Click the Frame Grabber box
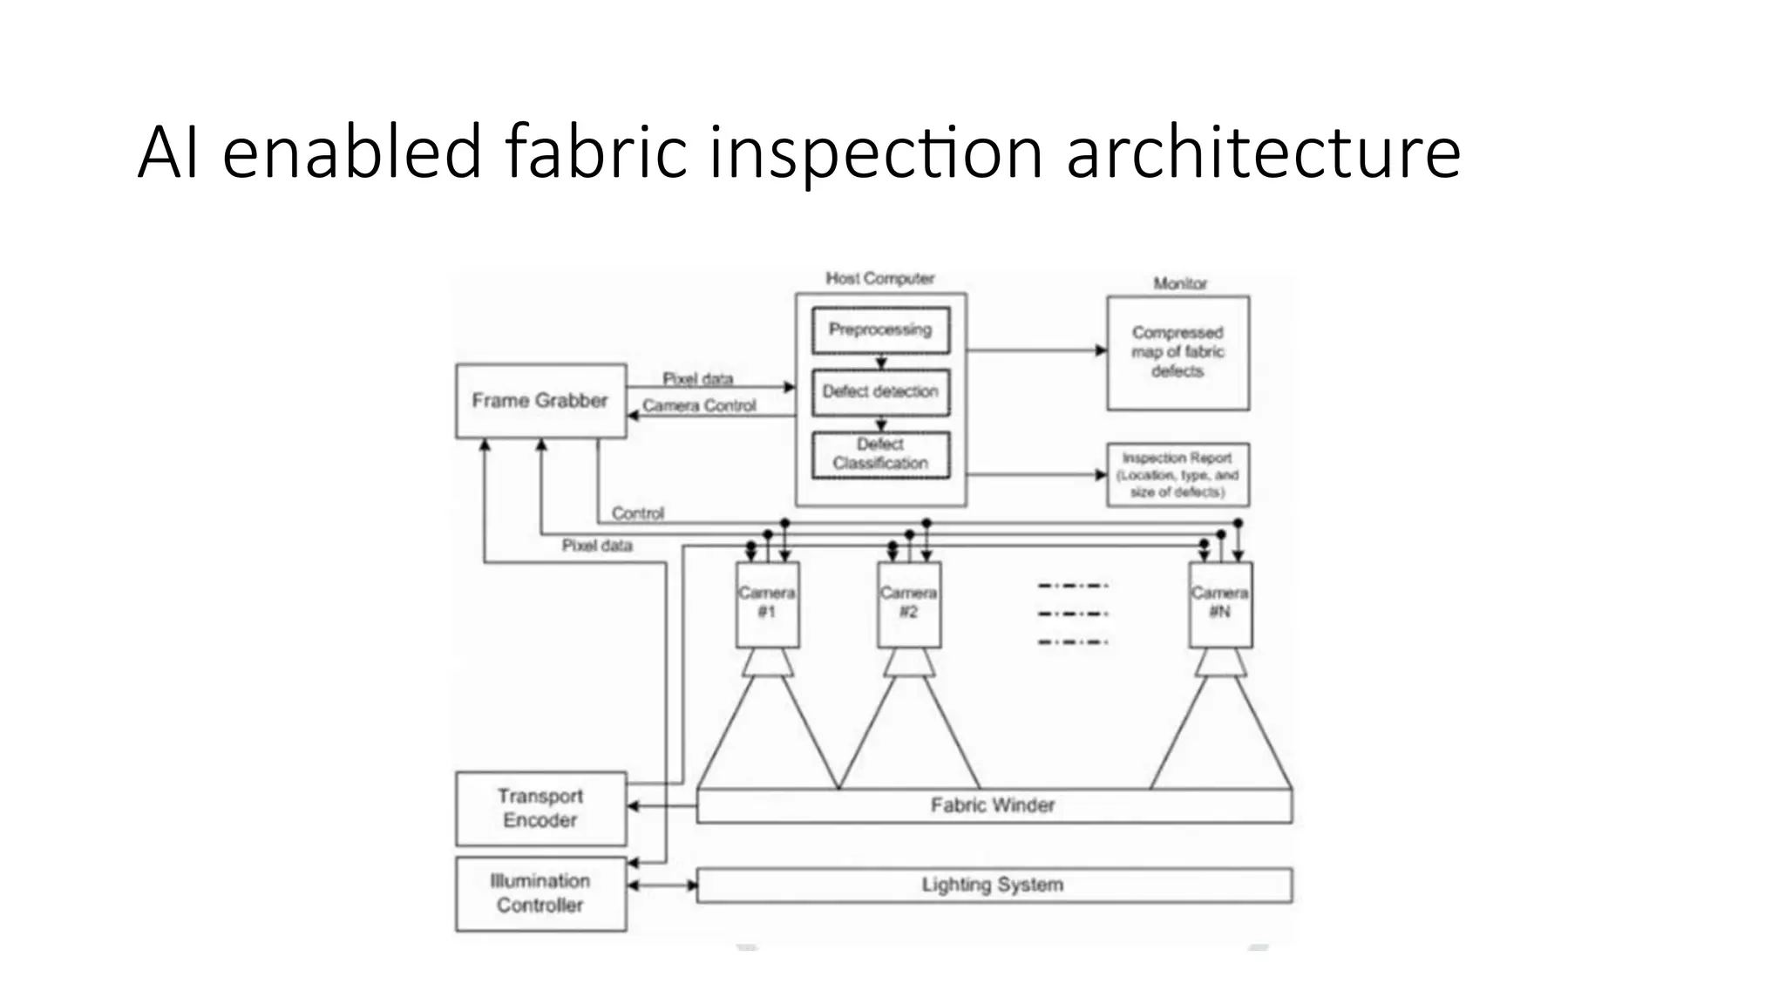[x=540, y=401]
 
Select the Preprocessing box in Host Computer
[x=880, y=330]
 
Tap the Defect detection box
[x=880, y=392]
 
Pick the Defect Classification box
[x=880, y=454]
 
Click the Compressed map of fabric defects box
[x=1178, y=352]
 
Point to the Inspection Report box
[x=1178, y=475]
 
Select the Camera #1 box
[x=767, y=603]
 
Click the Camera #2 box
[x=908, y=603]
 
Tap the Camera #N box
[x=1220, y=603]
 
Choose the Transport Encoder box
[x=540, y=808]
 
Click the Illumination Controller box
[x=540, y=893]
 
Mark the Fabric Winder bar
[x=994, y=805]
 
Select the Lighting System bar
[x=994, y=885]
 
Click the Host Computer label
[x=880, y=279]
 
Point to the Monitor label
[x=1180, y=284]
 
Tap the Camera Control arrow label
[x=699, y=406]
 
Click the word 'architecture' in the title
[x=1263, y=153]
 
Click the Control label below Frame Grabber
[x=638, y=513]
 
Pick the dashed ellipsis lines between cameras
[x=1073, y=614]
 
